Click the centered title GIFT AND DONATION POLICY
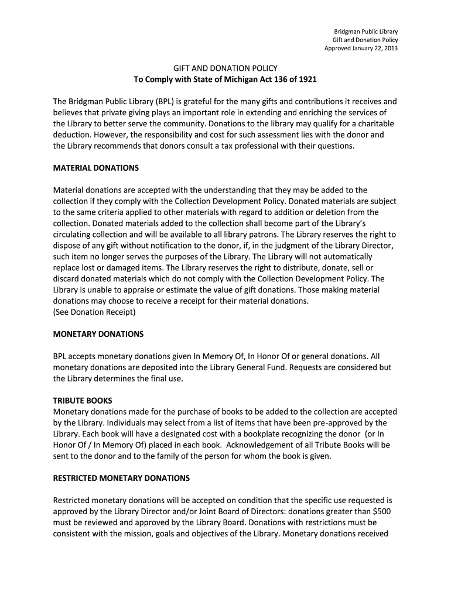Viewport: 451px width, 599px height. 225,68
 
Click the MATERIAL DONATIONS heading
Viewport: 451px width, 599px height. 96,168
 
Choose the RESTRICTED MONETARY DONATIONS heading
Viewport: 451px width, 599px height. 121,478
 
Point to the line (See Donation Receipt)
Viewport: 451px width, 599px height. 94,312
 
